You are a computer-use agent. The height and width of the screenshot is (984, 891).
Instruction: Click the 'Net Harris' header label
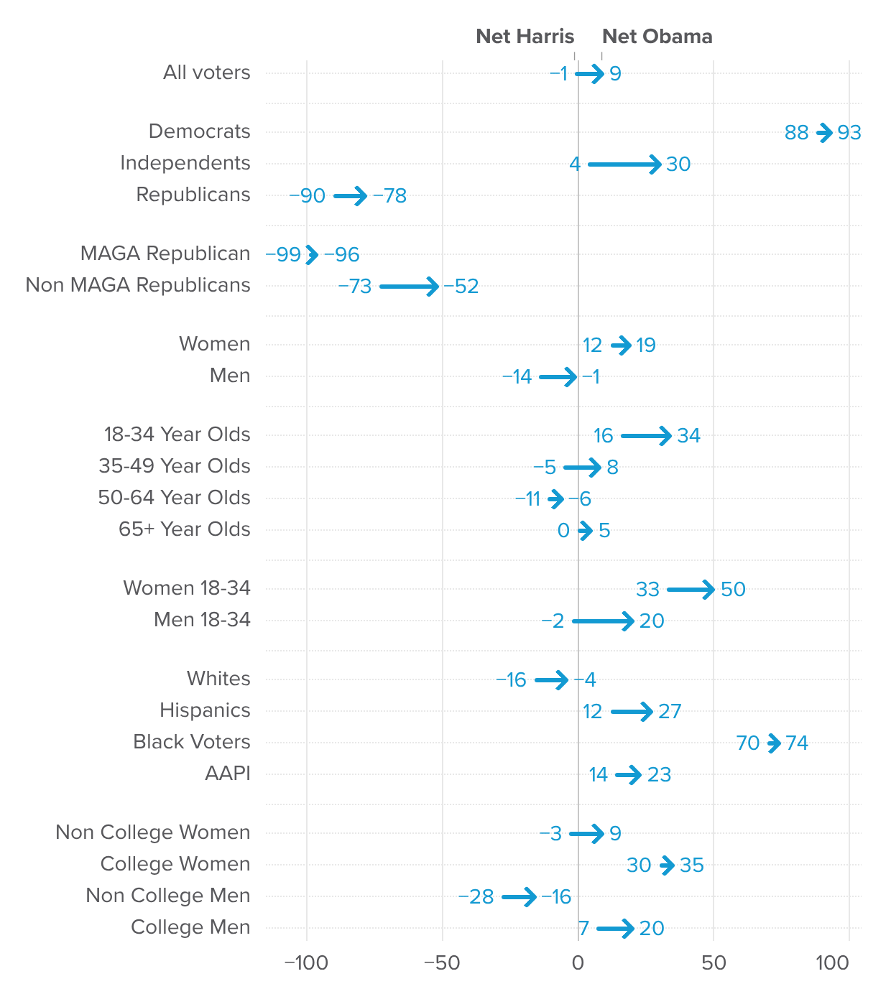(x=525, y=37)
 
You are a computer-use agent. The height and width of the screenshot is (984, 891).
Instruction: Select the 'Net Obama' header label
(x=657, y=37)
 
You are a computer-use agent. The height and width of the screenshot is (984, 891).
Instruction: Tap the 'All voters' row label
(x=206, y=73)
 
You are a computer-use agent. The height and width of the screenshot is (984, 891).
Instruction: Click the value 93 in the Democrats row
(x=849, y=133)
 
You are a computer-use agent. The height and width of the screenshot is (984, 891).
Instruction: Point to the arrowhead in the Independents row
(x=655, y=164)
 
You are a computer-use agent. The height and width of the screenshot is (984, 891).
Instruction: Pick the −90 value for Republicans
(x=309, y=196)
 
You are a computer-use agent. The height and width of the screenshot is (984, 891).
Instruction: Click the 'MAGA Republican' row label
(x=165, y=254)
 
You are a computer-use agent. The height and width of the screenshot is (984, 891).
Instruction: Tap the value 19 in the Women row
(x=645, y=345)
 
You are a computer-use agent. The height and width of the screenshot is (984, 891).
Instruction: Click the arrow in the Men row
(x=558, y=376)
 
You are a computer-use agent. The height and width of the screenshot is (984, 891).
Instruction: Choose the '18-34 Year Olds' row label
(x=177, y=435)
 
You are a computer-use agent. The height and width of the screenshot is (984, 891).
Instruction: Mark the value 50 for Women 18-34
(x=733, y=590)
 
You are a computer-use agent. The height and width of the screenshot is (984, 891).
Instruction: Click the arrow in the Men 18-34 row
(x=602, y=621)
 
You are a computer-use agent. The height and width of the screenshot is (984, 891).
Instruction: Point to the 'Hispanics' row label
(x=205, y=710)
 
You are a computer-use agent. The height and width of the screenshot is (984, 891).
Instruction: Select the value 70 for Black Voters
(x=747, y=743)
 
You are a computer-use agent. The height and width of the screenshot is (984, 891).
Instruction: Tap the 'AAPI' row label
(x=227, y=774)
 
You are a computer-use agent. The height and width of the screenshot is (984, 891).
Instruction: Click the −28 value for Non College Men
(x=479, y=897)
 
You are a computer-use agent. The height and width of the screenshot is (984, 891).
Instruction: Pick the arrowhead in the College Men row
(x=628, y=929)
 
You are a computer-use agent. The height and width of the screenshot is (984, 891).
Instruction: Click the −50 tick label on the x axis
(x=442, y=963)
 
